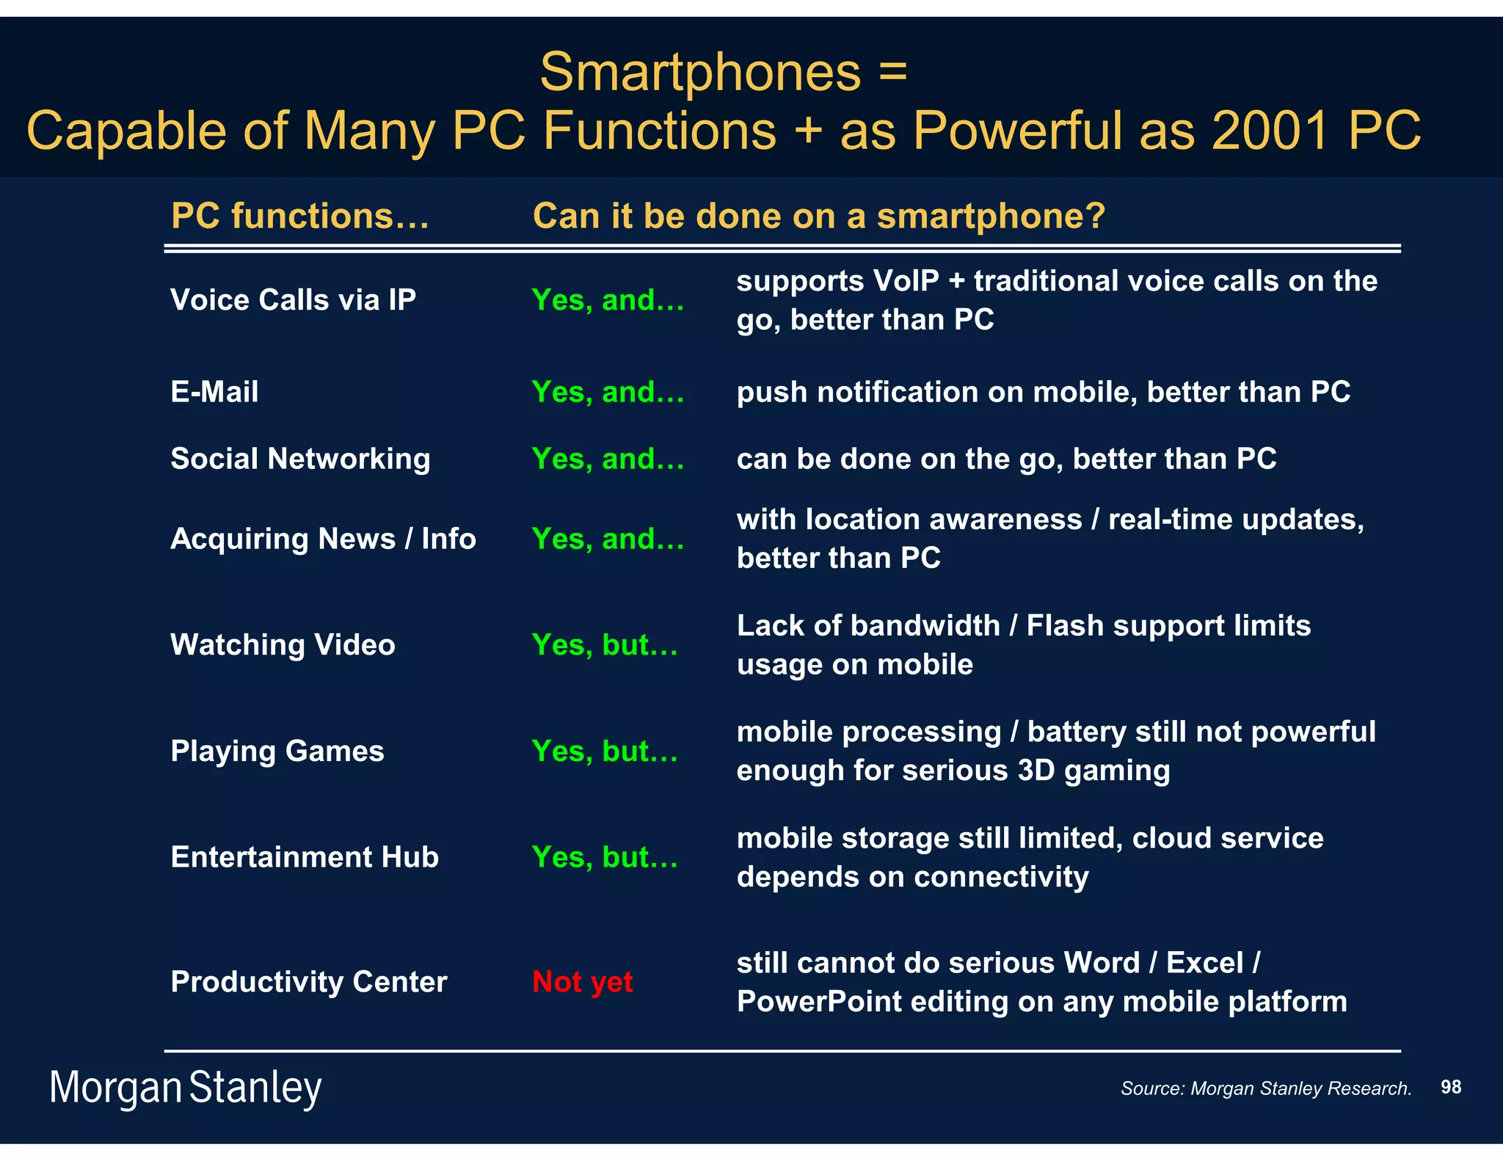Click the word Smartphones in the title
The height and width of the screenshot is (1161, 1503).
[700, 73]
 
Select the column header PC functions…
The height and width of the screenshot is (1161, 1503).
[299, 216]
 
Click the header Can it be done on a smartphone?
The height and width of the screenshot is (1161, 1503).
[818, 216]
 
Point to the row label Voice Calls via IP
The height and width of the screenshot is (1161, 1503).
[293, 299]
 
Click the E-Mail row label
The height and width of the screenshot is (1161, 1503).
[214, 391]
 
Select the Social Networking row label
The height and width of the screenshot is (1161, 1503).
[300, 459]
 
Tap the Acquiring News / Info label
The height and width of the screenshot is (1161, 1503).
[323, 539]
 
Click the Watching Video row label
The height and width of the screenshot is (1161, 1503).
[283, 644]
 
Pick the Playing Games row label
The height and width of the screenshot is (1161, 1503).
[277, 751]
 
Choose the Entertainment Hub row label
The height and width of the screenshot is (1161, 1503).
[305, 857]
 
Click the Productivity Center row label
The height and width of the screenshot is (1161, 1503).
[309, 982]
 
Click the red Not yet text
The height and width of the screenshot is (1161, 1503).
[582, 982]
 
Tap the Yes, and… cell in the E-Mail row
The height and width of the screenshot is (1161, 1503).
[607, 392]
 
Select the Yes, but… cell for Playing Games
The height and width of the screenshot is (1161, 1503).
[604, 751]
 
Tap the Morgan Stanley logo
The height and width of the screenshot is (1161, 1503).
[186, 1088]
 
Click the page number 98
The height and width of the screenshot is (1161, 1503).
[1450, 1087]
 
